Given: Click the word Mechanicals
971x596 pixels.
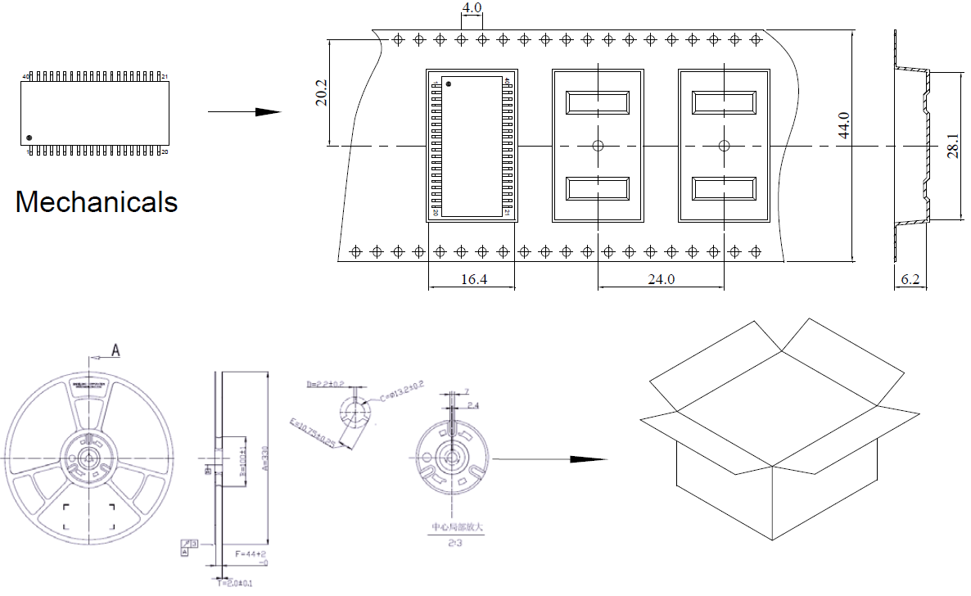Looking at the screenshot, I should pyautogui.click(x=97, y=201).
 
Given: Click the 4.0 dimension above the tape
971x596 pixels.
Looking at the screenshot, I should pyautogui.click(x=472, y=8).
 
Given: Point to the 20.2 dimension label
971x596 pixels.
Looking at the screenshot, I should pyautogui.click(x=321, y=92).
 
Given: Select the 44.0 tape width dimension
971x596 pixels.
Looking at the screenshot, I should pyautogui.click(x=843, y=126).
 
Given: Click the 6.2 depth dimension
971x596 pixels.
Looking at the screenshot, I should pyautogui.click(x=910, y=279).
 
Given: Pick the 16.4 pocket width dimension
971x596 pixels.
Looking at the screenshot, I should pyautogui.click(x=473, y=279).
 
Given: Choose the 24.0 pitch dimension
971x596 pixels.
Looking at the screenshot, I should pyautogui.click(x=661, y=279).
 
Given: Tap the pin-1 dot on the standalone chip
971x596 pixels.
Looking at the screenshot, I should pyautogui.click(x=29, y=138).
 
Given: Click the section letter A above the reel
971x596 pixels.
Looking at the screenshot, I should pyautogui.click(x=115, y=350).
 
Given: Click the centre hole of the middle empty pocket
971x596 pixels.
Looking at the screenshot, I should pyautogui.click(x=598, y=146).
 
